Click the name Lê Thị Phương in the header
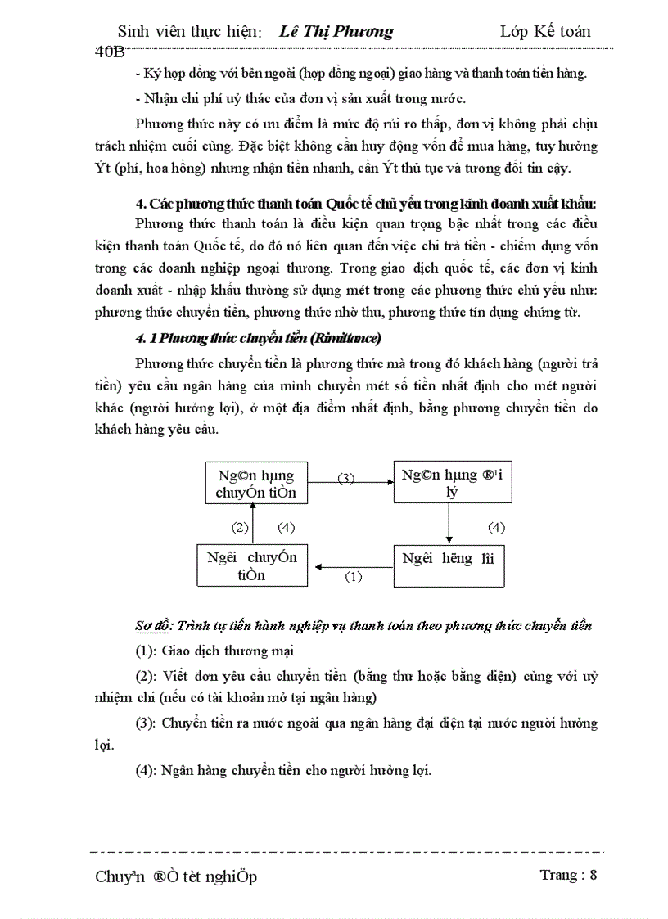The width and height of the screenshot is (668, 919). [336, 32]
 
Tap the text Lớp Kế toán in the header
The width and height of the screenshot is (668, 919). [544, 32]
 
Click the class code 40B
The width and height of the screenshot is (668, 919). [110, 51]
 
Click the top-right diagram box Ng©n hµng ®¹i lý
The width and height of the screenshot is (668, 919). [449, 483]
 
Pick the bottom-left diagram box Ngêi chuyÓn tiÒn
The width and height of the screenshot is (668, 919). [252, 565]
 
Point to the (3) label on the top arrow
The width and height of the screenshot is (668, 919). [346, 478]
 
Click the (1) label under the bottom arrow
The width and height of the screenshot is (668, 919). [353, 576]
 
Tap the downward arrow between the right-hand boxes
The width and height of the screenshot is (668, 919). [449, 523]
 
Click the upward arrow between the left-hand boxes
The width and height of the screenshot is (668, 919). [255, 523]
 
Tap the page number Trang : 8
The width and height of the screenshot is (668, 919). [568, 875]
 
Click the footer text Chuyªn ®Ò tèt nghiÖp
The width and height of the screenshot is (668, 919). [176, 876]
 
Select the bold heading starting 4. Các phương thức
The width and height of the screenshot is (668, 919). [366, 203]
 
